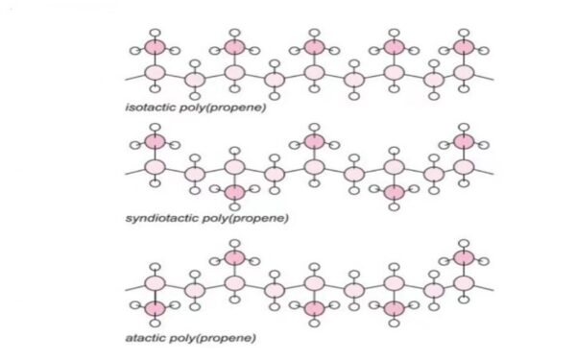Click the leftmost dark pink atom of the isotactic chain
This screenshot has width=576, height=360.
click(155, 46)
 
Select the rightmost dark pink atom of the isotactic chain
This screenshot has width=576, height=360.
click(465, 46)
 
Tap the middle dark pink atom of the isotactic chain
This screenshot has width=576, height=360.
click(313, 46)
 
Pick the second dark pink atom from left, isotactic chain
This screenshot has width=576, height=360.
click(233, 46)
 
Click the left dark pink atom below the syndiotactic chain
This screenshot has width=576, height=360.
click(233, 193)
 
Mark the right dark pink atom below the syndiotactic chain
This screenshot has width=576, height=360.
click(393, 193)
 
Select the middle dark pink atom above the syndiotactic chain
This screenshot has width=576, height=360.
click(313, 142)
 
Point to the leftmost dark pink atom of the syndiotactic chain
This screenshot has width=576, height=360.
click(155, 142)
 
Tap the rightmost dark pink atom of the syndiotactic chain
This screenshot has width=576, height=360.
click(465, 142)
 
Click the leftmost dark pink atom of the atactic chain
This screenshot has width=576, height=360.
click(155, 308)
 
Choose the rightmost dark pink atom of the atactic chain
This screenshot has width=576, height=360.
click(465, 257)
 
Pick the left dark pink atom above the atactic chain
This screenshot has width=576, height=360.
click(233, 257)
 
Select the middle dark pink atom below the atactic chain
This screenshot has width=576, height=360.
click(313, 308)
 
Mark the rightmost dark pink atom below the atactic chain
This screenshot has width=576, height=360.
click(393, 308)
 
